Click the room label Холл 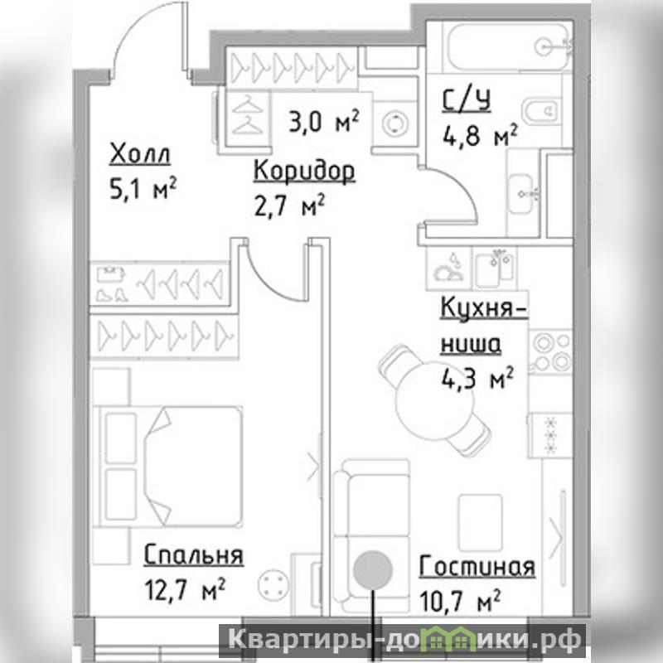pyautogui.click(x=140, y=154)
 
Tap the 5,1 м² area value pyautogui.click(x=143, y=189)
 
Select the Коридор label pyautogui.click(x=304, y=172)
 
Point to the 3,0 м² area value pyautogui.click(x=324, y=121)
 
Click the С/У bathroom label pyautogui.click(x=466, y=101)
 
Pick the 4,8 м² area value pyautogui.click(x=480, y=135)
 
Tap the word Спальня pyautogui.click(x=194, y=554)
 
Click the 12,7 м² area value pyautogui.click(x=185, y=589)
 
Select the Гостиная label pyautogui.click(x=477, y=566)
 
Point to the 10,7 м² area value pyautogui.click(x=460, y=601)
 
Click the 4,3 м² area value pyautogui.click(x=478, y=379)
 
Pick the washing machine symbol pyautogui.click(x=396, y=123)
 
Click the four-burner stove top pyautogui.click(x=551, y=351)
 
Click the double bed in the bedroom pyautogui.click(x=169, y=467)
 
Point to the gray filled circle pyautogui.click(x=373, y=570)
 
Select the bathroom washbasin pyautogui.click(x=524, y=193)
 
